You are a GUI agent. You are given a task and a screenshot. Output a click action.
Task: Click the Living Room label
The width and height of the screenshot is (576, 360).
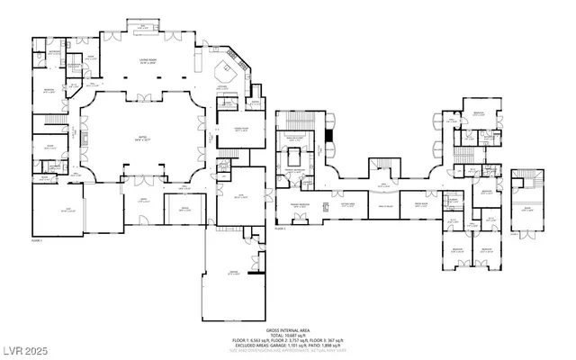click(148, 61)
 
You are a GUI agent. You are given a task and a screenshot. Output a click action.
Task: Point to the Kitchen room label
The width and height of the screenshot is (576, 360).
click(225, 87)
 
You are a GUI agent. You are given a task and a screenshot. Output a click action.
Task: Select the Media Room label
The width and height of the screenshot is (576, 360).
click(420, 206)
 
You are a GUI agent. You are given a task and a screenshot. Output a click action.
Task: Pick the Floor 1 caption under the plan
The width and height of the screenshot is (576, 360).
click(38, 241)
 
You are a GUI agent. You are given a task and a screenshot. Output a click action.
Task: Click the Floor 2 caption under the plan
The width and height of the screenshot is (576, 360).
click(280, 229)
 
